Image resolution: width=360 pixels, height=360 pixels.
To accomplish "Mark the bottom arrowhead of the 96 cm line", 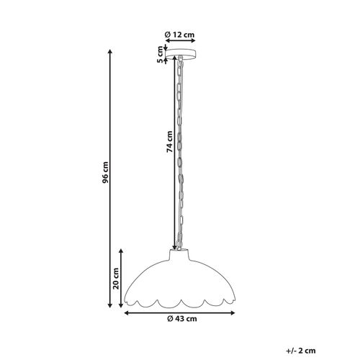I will pyautogui.click(x=109, y=307).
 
